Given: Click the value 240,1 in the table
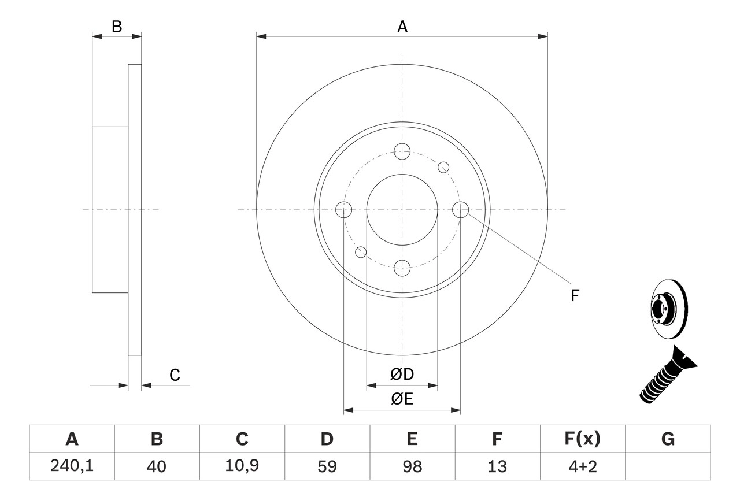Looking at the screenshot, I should [72, 466].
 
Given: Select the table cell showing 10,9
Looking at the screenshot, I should [242, 466].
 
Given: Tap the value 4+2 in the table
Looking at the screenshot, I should [582, 466].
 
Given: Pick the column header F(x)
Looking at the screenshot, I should [582, 440].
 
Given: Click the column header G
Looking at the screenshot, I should [668, 440].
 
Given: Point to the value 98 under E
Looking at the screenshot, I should [412, 466].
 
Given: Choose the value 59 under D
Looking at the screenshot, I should [327, 466].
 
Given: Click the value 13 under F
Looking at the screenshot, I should [497, 466].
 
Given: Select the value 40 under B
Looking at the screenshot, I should [157, 466].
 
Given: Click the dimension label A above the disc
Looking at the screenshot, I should [402, 27].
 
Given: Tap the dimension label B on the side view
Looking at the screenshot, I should [117, 27].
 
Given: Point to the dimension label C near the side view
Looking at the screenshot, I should [175, 375].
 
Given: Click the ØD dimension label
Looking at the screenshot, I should [402, 375].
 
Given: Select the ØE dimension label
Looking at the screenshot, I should [402, 399].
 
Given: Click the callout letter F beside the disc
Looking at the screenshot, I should [575, 296].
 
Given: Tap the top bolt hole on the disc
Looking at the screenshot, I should [402, 151].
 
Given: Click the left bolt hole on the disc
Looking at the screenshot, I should [344, 210].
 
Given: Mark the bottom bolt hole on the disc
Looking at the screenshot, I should [402, 268].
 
